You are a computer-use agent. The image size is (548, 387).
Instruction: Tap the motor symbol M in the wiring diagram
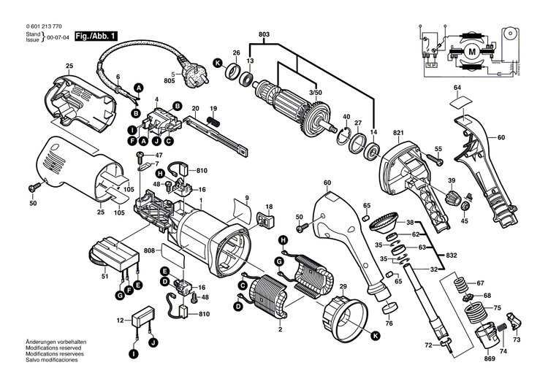point(472,51)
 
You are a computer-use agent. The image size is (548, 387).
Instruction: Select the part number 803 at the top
point(264,34)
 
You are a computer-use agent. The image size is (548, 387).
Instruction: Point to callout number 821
point(398,134)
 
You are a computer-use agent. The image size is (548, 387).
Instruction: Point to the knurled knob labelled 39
point(452,199)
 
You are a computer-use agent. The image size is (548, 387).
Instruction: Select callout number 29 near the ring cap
point(343,288)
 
